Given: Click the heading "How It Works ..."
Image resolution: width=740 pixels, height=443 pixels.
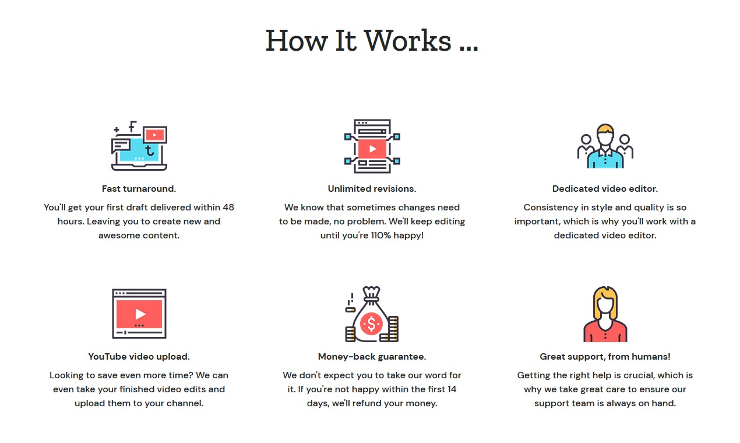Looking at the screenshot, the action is click(372, 41).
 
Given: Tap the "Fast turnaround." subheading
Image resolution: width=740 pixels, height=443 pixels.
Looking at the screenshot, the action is click(139, 189).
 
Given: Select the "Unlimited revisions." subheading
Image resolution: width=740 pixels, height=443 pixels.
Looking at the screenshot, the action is click(372, 189).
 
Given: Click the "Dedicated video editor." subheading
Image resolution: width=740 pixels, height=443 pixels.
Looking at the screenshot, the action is click(605, 189).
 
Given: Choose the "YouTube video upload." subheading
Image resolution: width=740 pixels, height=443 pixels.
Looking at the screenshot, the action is click(139, 357).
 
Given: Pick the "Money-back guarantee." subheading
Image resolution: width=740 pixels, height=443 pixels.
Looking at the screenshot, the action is click(372, 357).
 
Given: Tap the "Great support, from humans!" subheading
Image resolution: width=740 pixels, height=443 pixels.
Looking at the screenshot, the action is click(605, 357).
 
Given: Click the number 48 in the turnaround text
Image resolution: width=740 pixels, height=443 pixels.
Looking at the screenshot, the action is click(228, 208).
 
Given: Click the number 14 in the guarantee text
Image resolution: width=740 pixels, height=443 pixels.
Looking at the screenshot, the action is click(452, 389).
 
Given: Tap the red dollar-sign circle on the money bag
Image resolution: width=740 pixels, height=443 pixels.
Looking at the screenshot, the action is click(371, 324).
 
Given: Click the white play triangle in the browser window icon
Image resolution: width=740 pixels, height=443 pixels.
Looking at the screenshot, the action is click(140, 314).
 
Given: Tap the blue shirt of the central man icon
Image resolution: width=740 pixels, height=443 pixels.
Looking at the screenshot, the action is click(605, 159).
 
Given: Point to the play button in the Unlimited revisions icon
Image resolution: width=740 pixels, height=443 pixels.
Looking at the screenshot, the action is click(372, 149).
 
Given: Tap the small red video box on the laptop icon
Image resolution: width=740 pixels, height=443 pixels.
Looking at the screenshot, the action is click(155, 135).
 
